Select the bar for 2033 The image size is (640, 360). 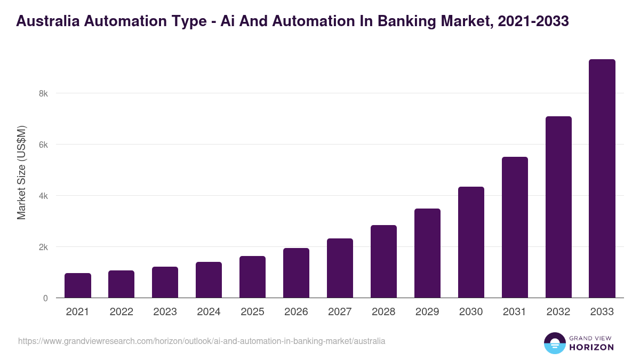[x=602, y=179]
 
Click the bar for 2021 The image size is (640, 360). [x=78, y=285]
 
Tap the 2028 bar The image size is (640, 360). [x=383, y=261]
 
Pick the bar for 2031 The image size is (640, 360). [x=515, y=227]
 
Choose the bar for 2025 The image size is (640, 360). [x=252, y=277]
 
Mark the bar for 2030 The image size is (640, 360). [x=471, y=242]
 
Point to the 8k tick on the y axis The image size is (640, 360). [x=43, y=93]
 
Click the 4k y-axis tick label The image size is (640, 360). [x=43, y=196]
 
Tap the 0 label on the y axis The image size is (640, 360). [x=45, y=298]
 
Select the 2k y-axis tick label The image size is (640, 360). [x=43, y=247]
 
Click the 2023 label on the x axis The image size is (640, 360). [x=165, y=312]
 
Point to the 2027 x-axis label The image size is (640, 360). [x=340, y=312]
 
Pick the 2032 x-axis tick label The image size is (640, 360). [x=558, y=312]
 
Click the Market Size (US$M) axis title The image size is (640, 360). [x=21, y=172]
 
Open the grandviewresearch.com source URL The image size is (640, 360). [x=202, y=341]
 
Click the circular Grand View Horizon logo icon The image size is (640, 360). [x=555, y=343]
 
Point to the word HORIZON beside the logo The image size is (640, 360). [x=591, y=347]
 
